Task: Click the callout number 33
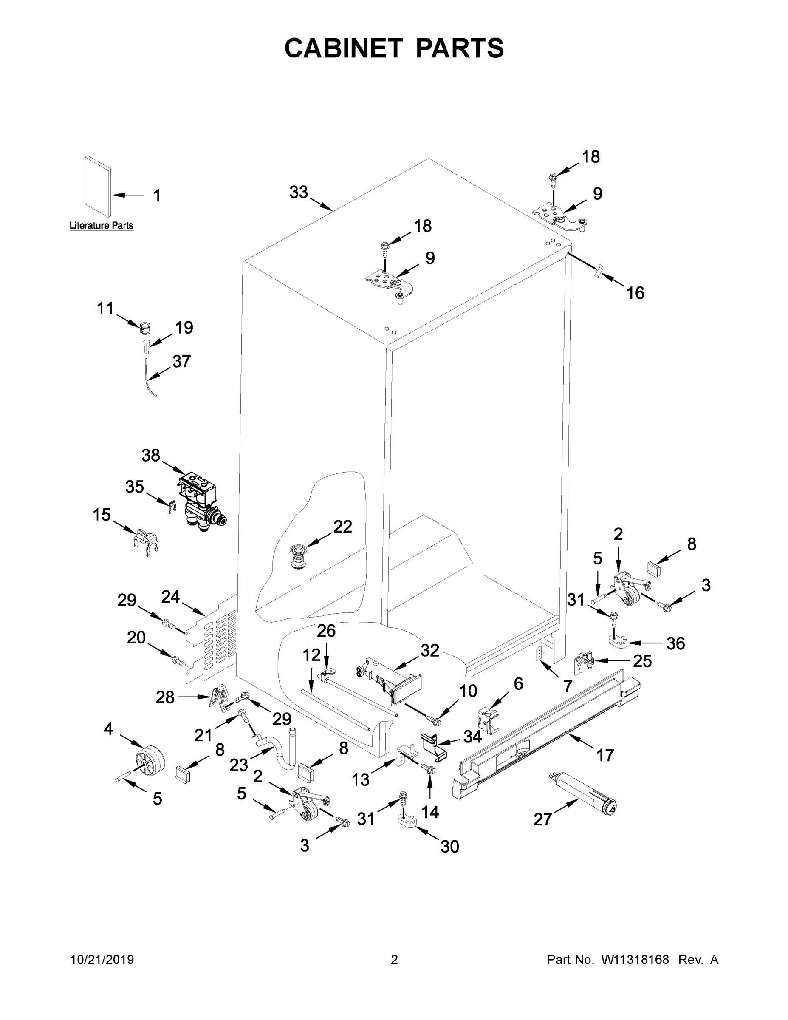pyautogui.click(x=299, y=192)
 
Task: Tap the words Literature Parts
pyautogui.click(x=101, y=226)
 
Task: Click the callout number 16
pyautogui.click(x=635, y=293)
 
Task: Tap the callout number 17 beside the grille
pyautogui.click(x=605, y=755)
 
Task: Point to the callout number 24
pyautogui.click(x=170, y=596)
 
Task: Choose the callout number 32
pyautogui.click(x=429, y=651)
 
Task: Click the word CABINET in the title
pyautogui.click(x=344, y=48)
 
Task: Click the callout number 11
pyautogui.click(x=105, y=308)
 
